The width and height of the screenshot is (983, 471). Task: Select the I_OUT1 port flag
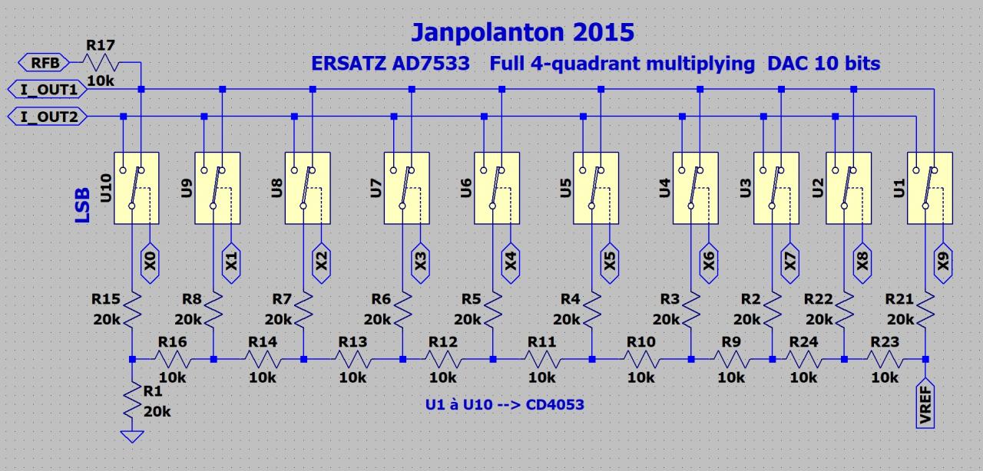coord(47,89)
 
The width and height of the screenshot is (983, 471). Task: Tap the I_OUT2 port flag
coord(47,117)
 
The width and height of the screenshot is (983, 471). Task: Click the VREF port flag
coord(925,401)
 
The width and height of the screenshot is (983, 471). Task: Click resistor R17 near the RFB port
coord(101,62)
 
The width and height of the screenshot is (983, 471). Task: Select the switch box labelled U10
coord(136,188)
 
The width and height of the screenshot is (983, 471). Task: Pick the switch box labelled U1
coord(929,188)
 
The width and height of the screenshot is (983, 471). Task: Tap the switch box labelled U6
coord(497,188)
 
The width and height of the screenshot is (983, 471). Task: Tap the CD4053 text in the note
coord(555,403)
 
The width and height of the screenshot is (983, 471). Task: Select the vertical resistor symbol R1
coord(133,402)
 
